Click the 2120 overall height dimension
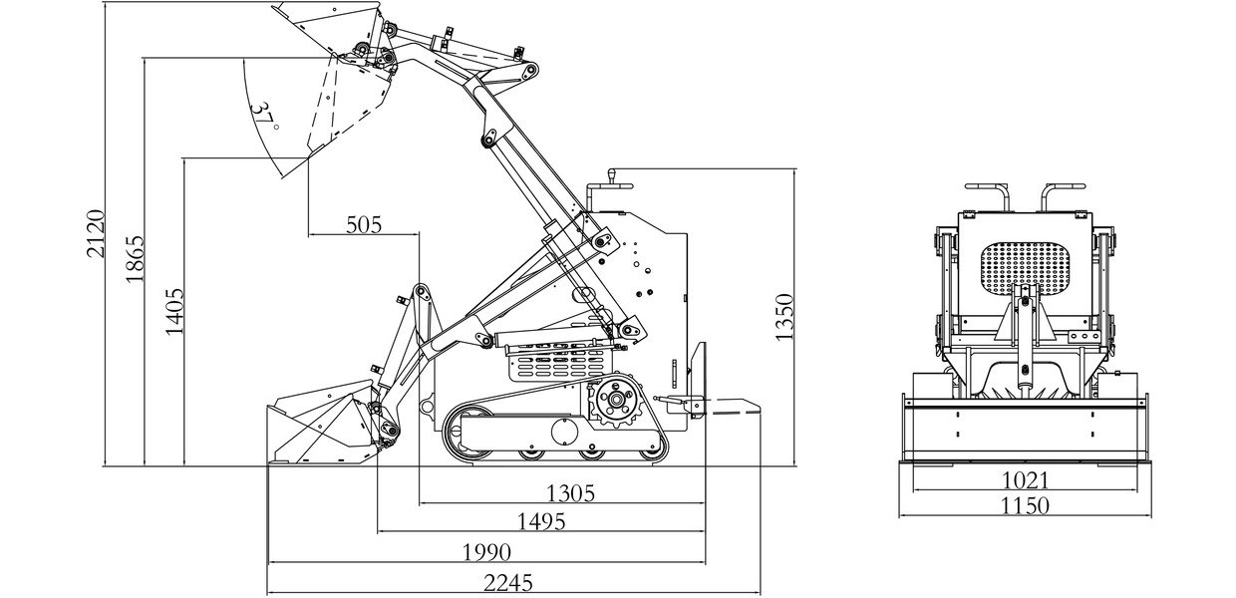tap(96, 234)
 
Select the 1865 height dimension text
tap(135, 259)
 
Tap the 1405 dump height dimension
tap(174, 311)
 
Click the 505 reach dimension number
tap(364, 225)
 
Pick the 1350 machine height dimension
tap(783, 317)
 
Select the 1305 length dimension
tap(570, 493)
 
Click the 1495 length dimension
tap(541, 522)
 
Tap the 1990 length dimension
tap(486, 552)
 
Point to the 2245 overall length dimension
tap(508, 583)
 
